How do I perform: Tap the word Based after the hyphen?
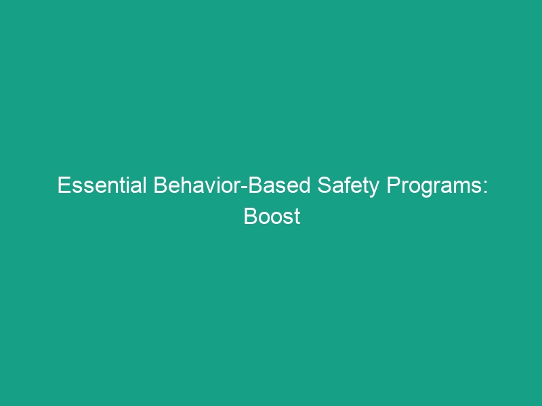click(x=280, y=185)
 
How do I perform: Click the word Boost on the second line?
click(x=272, y=217)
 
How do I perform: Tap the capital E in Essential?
click(x=63, y=185)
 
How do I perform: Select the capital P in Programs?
click(x=393, y=185)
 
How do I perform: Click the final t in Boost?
click(x=297, y=217)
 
